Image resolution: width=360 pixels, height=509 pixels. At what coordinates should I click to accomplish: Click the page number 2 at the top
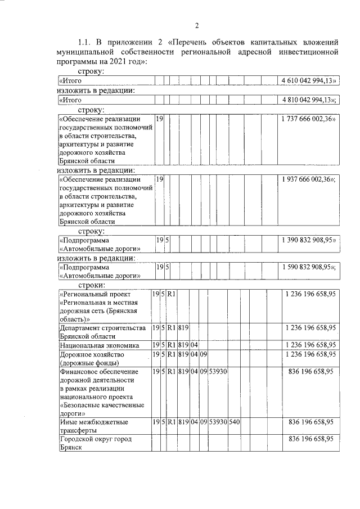(x=196, y=25)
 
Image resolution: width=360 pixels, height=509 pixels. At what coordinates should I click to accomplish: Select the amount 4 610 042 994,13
(x=307, y=81)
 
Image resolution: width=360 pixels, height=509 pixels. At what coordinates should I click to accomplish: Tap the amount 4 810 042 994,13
(x=307, y=100)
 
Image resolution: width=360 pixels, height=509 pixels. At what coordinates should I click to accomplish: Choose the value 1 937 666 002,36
(x=307, y=179)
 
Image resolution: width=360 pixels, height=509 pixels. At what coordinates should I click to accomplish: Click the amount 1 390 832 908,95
(x=307, y=240)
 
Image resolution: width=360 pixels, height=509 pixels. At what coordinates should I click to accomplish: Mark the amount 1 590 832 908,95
(x=307, y=268)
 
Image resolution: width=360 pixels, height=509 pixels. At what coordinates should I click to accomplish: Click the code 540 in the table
(x=235, y=421)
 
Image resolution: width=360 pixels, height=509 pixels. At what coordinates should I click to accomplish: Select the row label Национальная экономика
(x=97, y=344)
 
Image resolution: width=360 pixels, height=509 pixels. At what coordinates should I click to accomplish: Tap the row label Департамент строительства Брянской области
(x=98, y=331)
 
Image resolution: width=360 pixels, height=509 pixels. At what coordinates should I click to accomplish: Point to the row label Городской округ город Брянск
(x=96, y=443)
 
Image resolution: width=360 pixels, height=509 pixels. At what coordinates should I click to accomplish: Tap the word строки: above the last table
(x=92, y=286)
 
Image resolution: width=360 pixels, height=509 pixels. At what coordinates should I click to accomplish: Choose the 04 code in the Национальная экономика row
(x=194, y=344)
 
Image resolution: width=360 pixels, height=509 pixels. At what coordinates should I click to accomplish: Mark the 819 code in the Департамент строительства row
(x=183, y=327)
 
